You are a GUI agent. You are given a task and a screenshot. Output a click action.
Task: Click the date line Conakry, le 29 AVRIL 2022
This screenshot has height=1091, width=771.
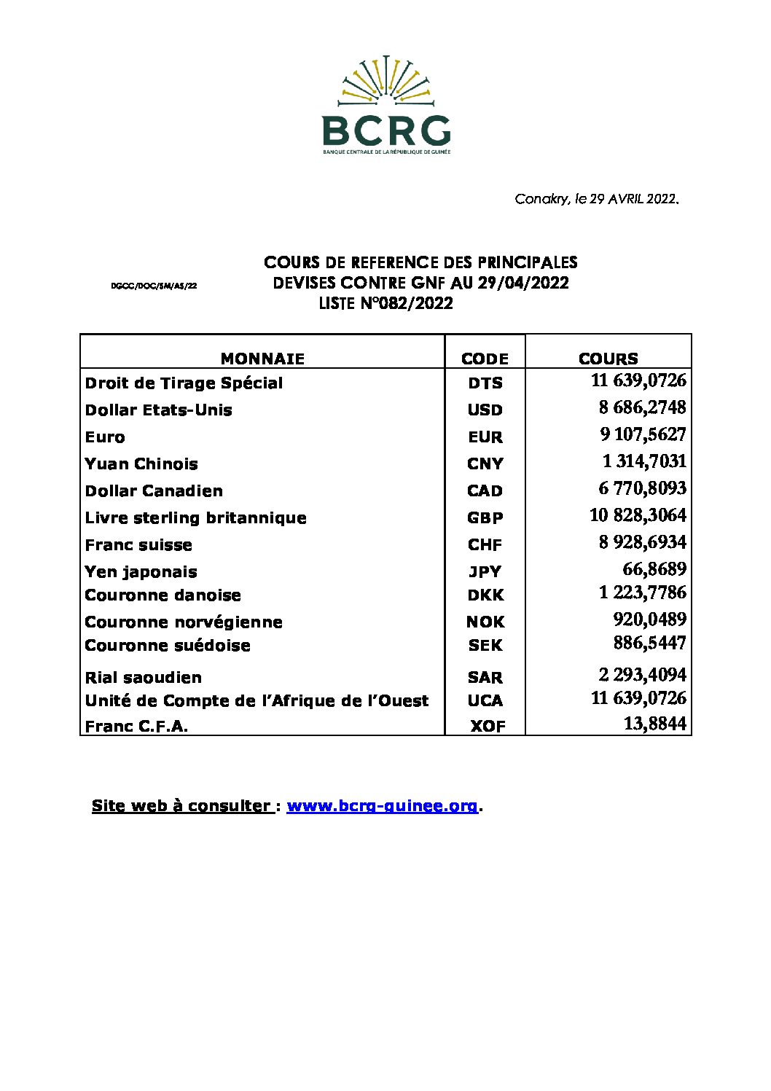pyautogui.click(x=597, y=199)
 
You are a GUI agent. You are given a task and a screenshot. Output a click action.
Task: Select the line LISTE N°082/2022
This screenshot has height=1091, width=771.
pyautogui.click(x=385, y=304)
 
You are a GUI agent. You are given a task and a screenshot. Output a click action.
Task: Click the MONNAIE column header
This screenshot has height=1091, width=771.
pyautogui.click(x=262, y=359)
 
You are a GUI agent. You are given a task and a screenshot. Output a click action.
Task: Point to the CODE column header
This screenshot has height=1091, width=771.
pyautogui.click(x=485, y=359)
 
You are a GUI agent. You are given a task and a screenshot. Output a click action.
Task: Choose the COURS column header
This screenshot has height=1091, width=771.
pyautogui.click(x=608, y=359)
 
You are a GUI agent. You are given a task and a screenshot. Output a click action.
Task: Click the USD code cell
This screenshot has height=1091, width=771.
pyautogui.click(x=485, y=410)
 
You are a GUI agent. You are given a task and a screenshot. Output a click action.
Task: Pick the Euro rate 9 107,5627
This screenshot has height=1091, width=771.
pyautogui.click(x=643, y=435)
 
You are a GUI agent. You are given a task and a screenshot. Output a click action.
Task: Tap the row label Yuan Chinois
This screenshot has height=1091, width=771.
pyautogui.click(x=141, y=464)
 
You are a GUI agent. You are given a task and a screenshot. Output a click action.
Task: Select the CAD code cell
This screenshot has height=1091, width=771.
pyautogui.click(x=485, y=491)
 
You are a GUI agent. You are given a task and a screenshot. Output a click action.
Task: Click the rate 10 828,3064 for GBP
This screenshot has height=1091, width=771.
pyautogui.click(x=638, y=516)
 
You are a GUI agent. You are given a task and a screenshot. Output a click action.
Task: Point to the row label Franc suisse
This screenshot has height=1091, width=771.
pyautogui.click(x=138, y=545)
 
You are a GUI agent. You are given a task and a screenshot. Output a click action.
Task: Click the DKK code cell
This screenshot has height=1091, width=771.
pyautogui.click(x=485, y=595)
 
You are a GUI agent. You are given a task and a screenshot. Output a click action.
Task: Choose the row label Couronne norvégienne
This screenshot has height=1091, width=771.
pyautogui.click(x=184, y=622)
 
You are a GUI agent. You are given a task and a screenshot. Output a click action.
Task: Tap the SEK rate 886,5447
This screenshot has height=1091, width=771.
pyautogui.click(x=649, y=644)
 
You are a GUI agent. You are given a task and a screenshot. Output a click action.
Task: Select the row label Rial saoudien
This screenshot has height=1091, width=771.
pyautogui.click(x=144, y=678)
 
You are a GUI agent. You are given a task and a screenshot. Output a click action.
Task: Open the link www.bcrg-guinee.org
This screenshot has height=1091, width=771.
pyautogui.click(x=382, y=806)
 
